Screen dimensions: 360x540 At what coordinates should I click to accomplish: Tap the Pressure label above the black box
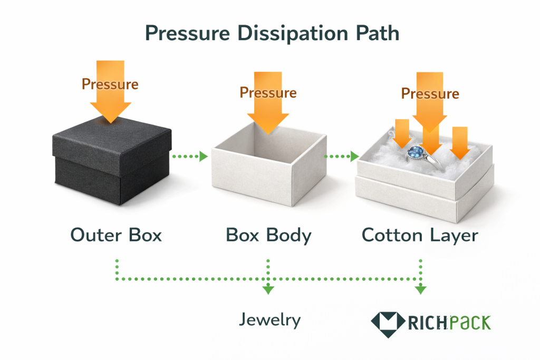[x=110, y=84]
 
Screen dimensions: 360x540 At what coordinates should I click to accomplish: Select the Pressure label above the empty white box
[x=268, y=93]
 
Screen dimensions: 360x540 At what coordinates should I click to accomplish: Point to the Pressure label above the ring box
[x=430, y=94]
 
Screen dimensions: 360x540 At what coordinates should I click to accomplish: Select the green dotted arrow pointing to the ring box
[x=341, y=156]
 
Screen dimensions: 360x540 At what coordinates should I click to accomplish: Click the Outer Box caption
[x=116, y=235]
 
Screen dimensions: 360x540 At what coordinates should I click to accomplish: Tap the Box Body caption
[x=268, y=235]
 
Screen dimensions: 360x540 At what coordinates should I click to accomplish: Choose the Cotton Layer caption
[x=420, y=235]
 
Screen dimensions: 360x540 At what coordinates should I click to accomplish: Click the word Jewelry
[x=269, y=319]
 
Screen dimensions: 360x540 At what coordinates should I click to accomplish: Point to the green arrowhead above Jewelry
[x=268, y=289]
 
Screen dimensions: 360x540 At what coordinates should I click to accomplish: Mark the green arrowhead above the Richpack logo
[x=420, y=289]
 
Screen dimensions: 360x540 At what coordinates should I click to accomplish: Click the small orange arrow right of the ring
[x=460, y=143]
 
